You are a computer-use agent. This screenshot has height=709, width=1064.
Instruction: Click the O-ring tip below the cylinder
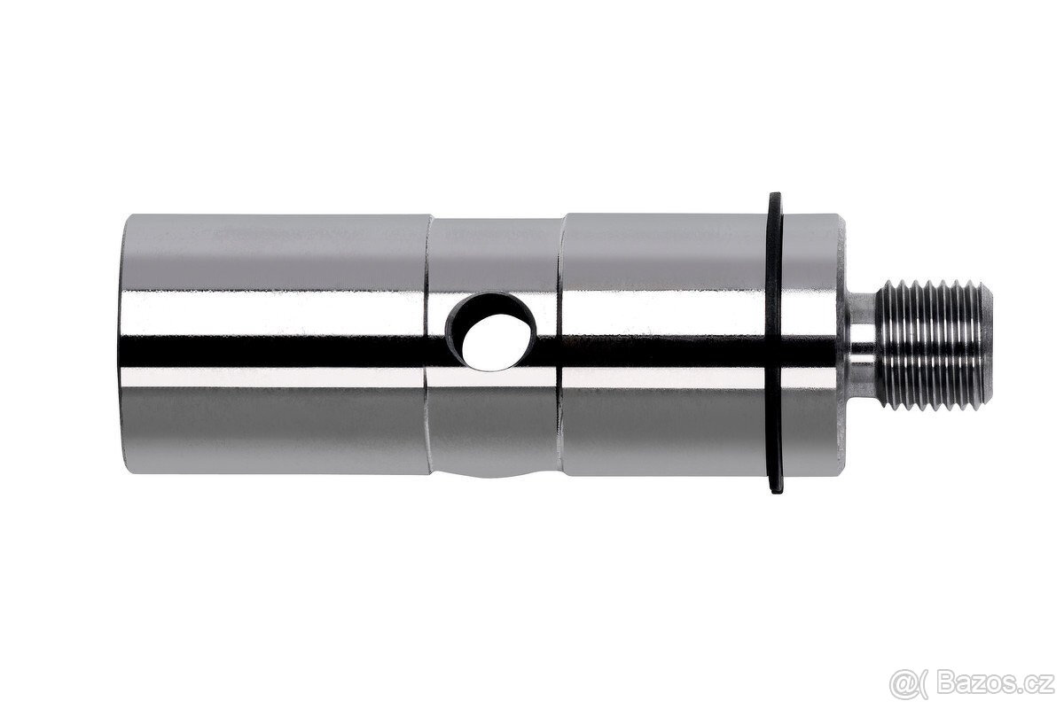[x=777, y=490]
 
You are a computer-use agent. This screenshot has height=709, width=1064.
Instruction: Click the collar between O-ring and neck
[x=811, y=345]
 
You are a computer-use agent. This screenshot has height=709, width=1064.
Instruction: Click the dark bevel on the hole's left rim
[x=458, y=332]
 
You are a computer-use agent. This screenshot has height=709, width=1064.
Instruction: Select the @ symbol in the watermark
[x=902, y=682]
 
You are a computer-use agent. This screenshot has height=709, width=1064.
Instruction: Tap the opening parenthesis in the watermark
[x=922, y=682]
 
